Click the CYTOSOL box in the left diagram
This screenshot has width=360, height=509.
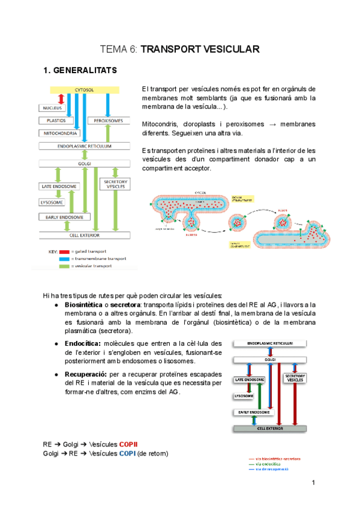click(x=83, y=89)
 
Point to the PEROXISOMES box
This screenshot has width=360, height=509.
click(x=109, y=121)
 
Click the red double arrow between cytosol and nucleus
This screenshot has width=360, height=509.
click(x=61, y=98)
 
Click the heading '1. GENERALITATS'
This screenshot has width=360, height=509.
click(x=80, y=71)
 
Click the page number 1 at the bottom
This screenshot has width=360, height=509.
click(x=313, y=483)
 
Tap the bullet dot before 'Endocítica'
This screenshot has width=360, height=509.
click(x=56, y=344)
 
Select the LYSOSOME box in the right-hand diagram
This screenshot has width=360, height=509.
click(x=242, y=396)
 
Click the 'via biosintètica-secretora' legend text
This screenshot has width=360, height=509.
click(x=278, y=459)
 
